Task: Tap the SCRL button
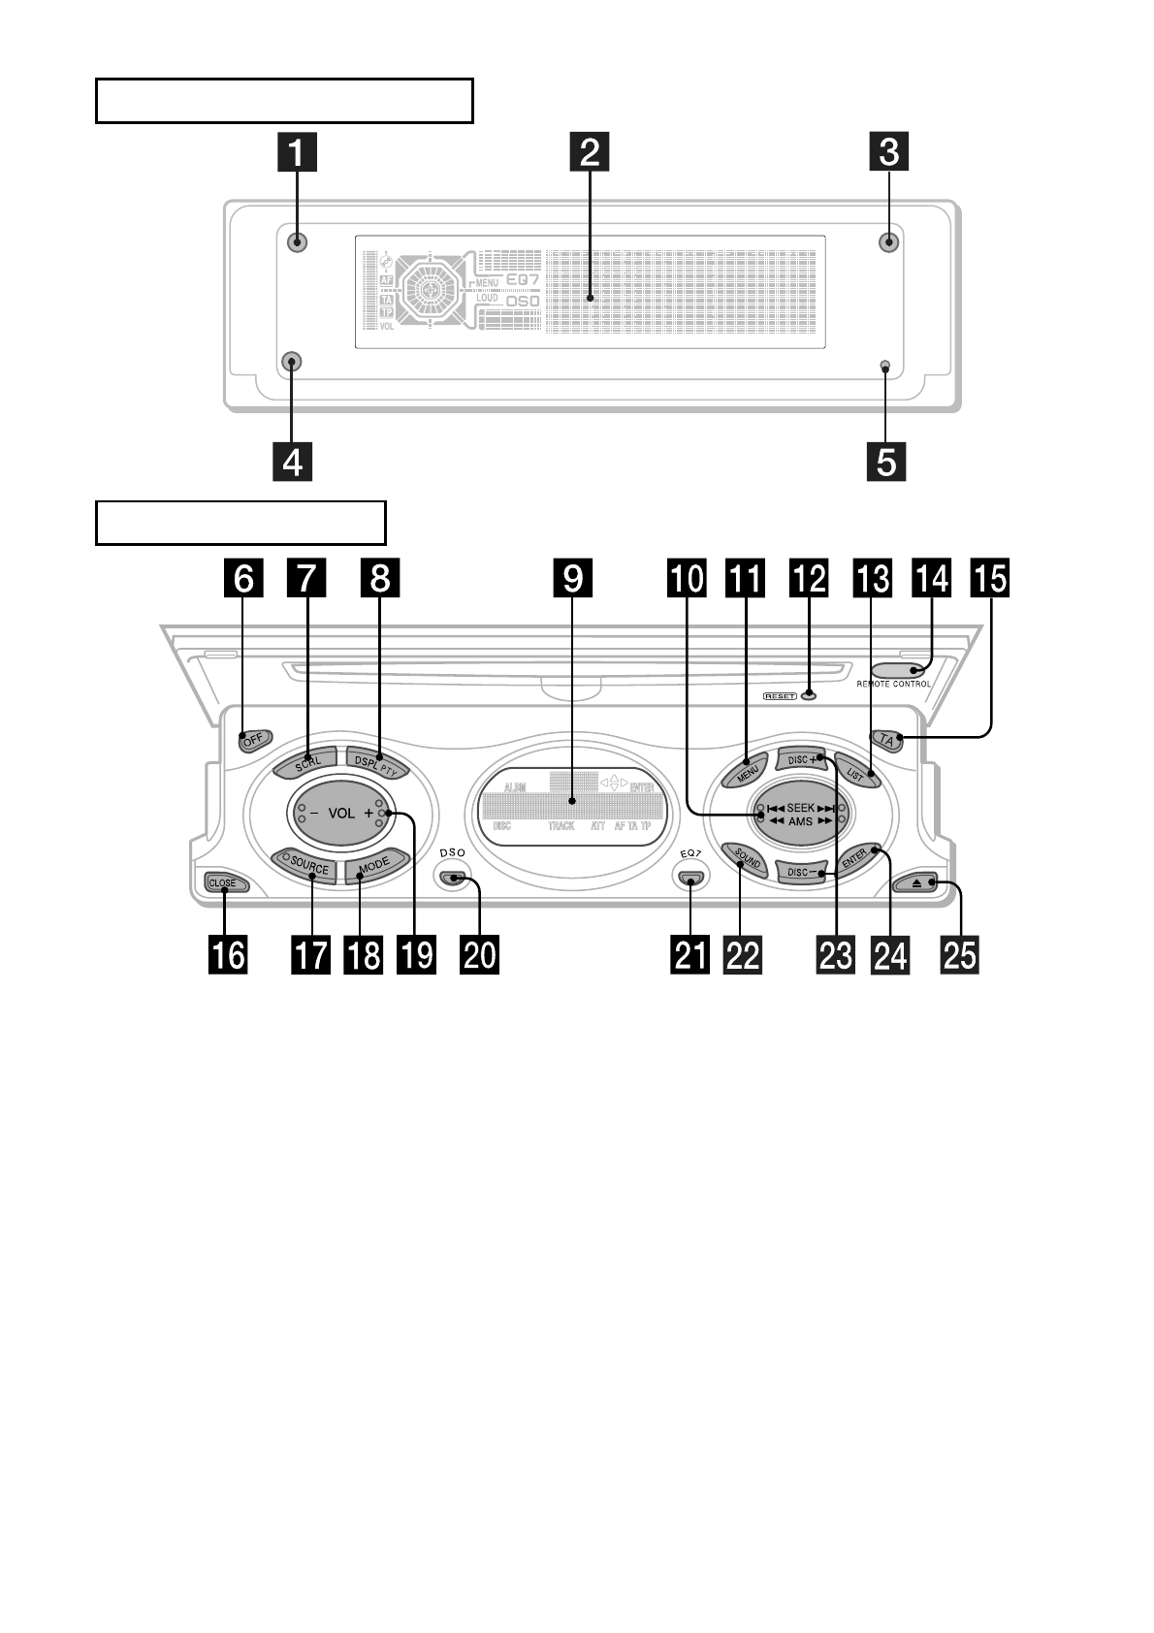pyautogui.click(x=305, y=761)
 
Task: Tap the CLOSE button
pyautogui.click(x=224, y=883)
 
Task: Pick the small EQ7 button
pyautogui.click(x=689, y=880)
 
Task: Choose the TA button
pyautogui.click(x=886, y=740)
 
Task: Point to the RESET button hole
pyautogui.click(x=807, y=695)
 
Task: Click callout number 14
pyautogui.click(x=933, y=579)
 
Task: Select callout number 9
pyautogui.click(x=573, y=579)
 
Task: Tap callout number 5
pyautogui.click(x=886, y=461)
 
